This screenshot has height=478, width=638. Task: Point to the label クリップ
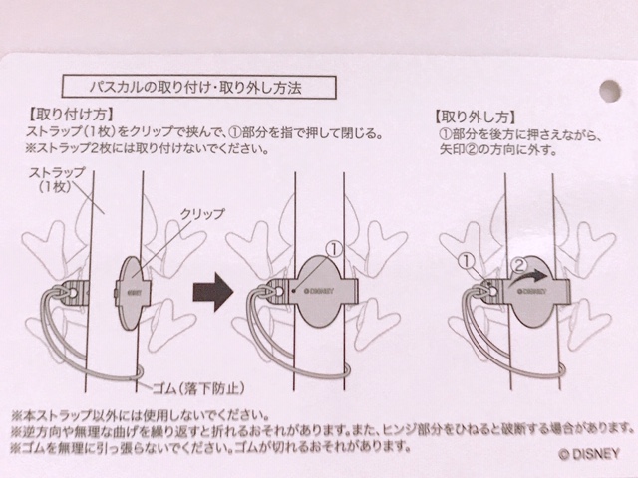pyautogui.click(x=202, y=213)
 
